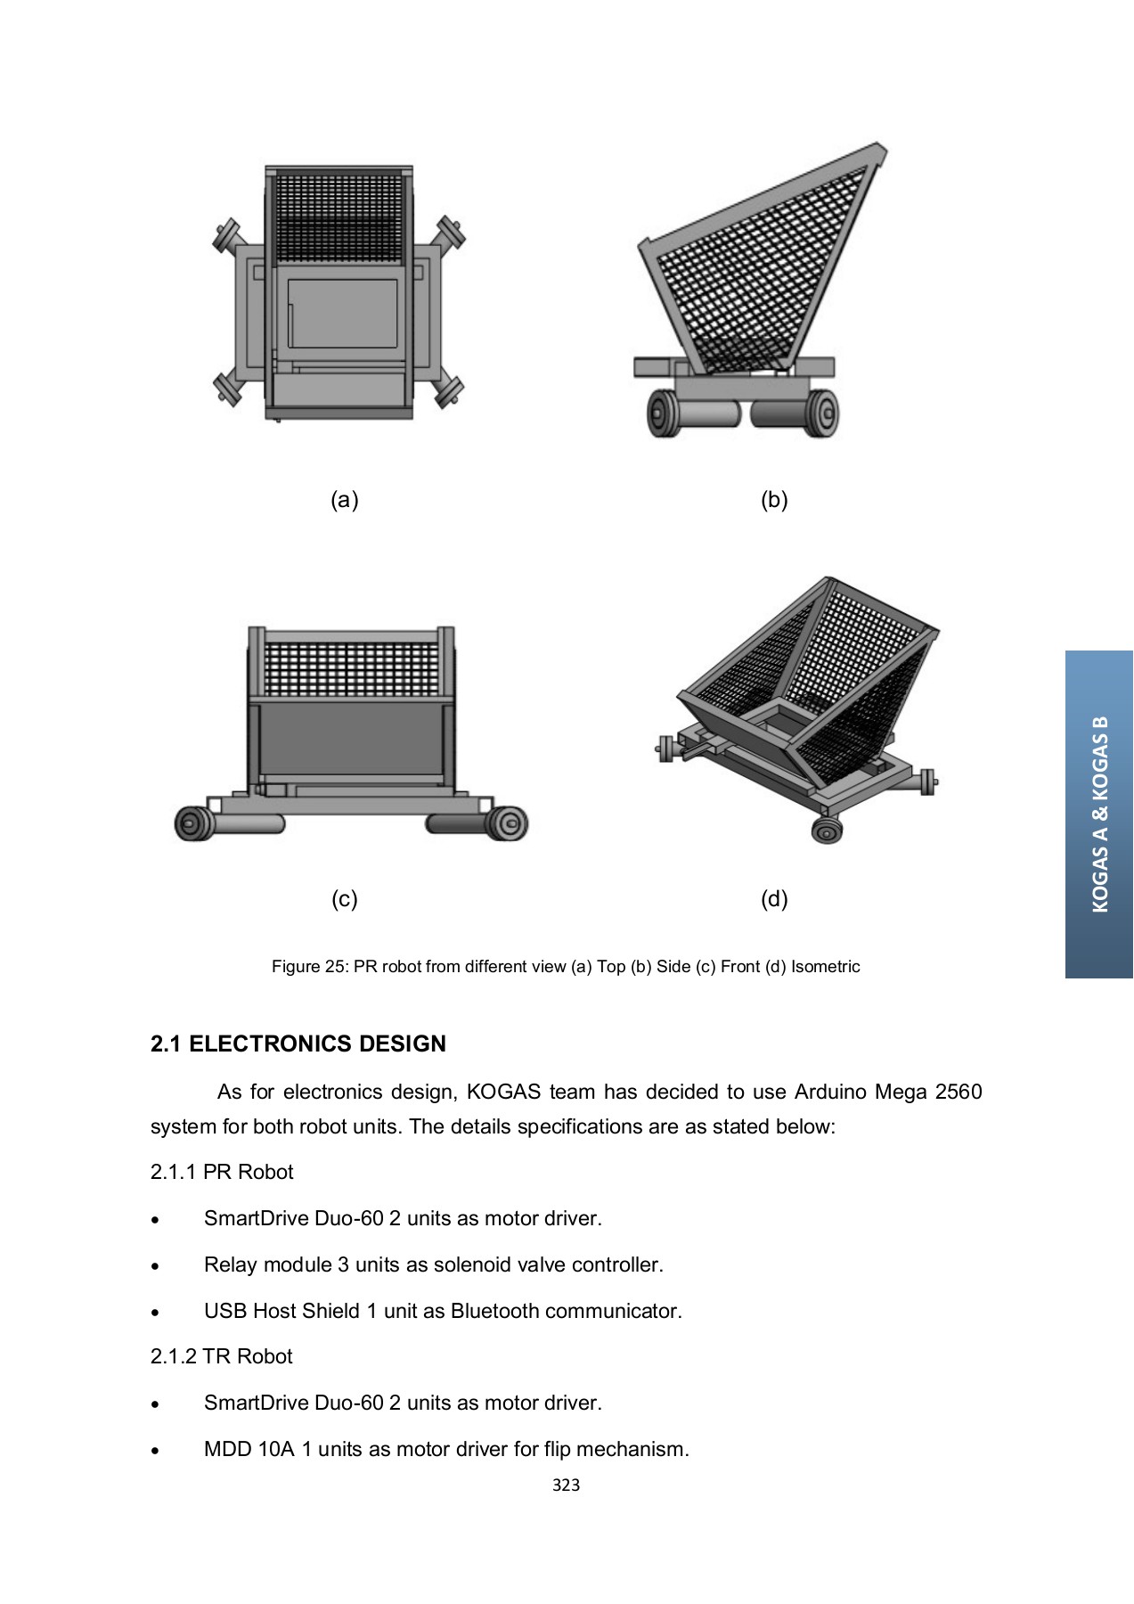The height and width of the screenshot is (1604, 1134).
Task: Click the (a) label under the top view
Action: (x=344, y=500)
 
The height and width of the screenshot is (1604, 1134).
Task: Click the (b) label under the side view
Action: (x=774, y=500)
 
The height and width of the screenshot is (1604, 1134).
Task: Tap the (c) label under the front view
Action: (x=344, y=898)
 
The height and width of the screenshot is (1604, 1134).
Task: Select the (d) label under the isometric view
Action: (x=774, y=898)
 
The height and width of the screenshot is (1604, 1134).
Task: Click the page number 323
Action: (x=566, y=1485)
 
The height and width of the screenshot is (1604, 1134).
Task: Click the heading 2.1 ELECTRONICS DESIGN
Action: (x=298, y=1043)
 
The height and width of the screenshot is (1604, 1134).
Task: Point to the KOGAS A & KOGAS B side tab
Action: (x=1099, y=814)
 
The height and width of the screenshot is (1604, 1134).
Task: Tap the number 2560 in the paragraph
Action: (x=958, y=1092)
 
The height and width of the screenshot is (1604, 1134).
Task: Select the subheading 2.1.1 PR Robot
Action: (x=222, y=1172)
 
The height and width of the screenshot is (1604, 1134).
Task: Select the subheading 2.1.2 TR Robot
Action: (x=222, y=1356)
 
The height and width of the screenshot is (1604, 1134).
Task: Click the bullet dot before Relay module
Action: (x=156, y=1266)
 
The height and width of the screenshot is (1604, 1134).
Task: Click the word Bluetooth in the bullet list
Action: (x=494, y=1311)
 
